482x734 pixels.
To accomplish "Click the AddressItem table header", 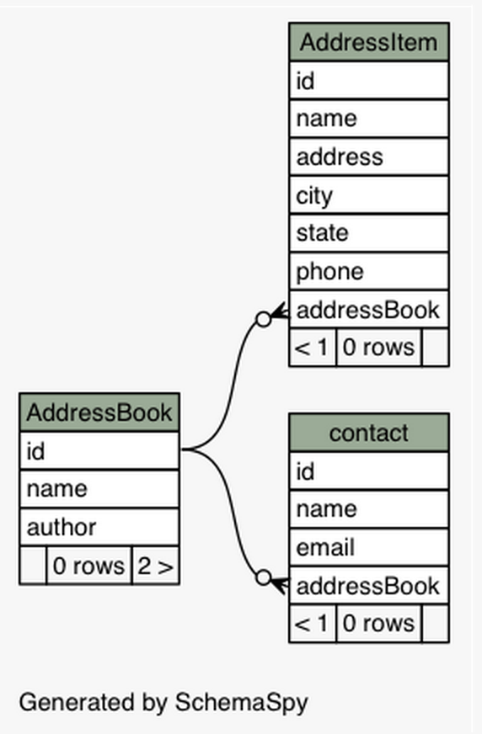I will click(x=368, y=42).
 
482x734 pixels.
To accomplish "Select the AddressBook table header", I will click(x=99, y=412).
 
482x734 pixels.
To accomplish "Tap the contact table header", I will click(x=368, y=433).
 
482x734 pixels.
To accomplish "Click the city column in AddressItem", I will click(x=368, y=195).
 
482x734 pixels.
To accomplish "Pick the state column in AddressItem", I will click(x=368, y=233).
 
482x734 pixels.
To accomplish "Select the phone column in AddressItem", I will click(x=368, y=271).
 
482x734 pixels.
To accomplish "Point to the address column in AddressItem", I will click(x=368, y=157).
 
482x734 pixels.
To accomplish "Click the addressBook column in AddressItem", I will click(x=368, y=310).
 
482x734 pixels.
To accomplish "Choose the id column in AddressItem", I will click(x=368, y=81).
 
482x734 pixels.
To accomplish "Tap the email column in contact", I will click(x=368, y=548).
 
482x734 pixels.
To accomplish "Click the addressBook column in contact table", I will click(x=368, y=586).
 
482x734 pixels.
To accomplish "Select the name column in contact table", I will click(x=368, y=509).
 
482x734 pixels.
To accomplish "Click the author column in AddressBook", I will click(x=99, y=528).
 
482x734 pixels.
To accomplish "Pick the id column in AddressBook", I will click(x=99, y=452).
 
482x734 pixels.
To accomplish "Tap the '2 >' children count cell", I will click(x=155, y=566).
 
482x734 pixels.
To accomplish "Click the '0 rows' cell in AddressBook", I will click(x=88, y=566).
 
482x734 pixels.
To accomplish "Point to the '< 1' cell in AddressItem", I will click(x=313, y=347).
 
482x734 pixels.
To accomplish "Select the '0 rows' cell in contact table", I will click(x=378, y=624).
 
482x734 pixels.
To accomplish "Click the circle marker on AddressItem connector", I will click(x=263, y=319).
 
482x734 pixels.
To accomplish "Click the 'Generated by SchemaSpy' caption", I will click(x=163, y=702).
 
